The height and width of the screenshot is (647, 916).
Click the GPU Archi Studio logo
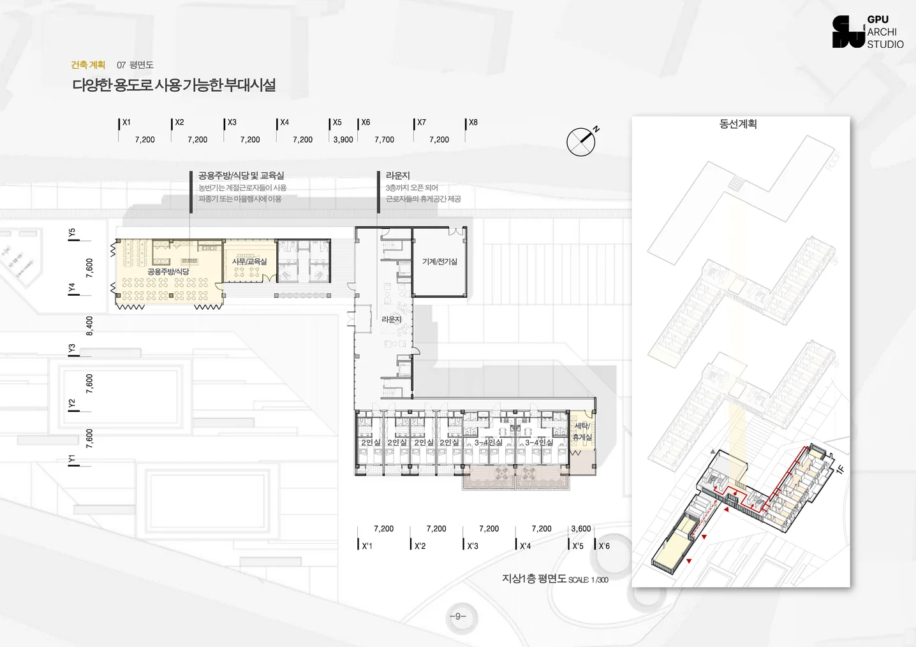tap(868, 32)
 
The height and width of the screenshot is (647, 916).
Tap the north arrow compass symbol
tap(581, 142)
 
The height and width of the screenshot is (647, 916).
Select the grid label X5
tap(337, 122)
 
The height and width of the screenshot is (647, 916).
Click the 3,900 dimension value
tap(343, 140)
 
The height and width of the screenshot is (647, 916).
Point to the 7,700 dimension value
tap(384, 140)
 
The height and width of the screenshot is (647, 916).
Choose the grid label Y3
tap(72, 349)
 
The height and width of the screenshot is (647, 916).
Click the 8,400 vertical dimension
tap(89, 326)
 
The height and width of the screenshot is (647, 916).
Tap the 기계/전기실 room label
tap(440, 261)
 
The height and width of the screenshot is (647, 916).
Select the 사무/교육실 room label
tap(249, 261)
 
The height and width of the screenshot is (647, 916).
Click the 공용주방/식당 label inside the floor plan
tap(168, 272)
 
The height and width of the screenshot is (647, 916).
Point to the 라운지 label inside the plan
tap(392, 319)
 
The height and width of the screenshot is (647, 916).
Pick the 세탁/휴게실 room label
tap(582, 432)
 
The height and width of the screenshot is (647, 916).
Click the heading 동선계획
tap(738, 124)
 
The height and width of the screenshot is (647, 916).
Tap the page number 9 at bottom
tap(458, 616)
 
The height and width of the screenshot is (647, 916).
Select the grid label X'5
tap(578, 546)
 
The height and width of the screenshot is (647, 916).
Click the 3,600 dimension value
tap(581, 528)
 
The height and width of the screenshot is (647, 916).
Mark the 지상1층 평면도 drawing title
tap(535, 579)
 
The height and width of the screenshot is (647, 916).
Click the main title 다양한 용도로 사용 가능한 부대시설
tap(174, 85)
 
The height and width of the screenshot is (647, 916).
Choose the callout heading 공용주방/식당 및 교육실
tap(241, 175)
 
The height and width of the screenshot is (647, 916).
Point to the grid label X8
tap(473, 122)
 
